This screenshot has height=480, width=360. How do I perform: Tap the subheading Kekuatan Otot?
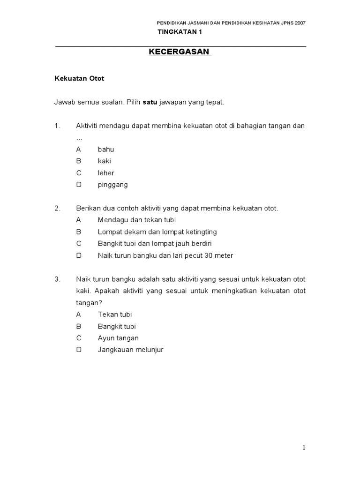(x=80, y=79)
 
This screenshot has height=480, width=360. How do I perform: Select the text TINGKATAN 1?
(x=180, y=32)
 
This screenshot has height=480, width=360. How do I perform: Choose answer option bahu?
(x=106, y=150)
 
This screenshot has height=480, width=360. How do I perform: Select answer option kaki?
(x=105, y=161)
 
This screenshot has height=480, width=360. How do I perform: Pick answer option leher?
(x=106, y=173)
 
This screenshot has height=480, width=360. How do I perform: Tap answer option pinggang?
(x=112, y=185)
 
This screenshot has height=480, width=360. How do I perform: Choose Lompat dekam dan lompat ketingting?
(x=157, y=232)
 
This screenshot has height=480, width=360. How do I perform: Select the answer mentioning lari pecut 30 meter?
(x=165, y=255)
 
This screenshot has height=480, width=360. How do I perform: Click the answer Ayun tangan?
(x=118, y=338)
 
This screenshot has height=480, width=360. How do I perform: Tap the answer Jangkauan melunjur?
(x=130, y=350)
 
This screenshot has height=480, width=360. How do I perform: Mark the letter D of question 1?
(x=79, y=185)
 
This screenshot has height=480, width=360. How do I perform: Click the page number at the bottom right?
(x=304, y=448)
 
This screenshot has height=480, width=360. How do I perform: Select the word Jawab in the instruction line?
(x=65, y=102)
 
